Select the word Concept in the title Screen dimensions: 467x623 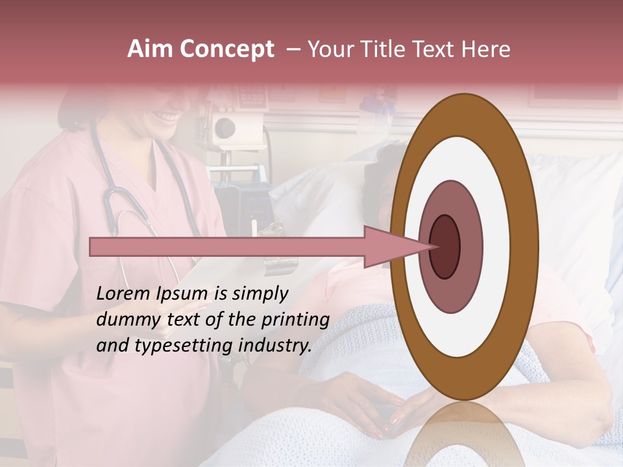(227, 50)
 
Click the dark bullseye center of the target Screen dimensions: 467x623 (445, 247)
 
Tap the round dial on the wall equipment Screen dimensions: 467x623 (225, 128)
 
